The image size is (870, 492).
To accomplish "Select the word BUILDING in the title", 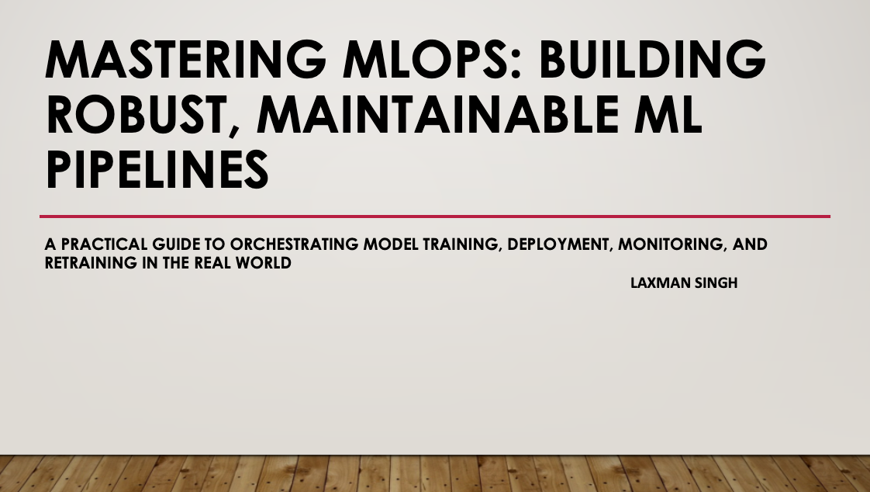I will (x=654, y=61).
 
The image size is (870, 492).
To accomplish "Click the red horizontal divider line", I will (x=434, y=217).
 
